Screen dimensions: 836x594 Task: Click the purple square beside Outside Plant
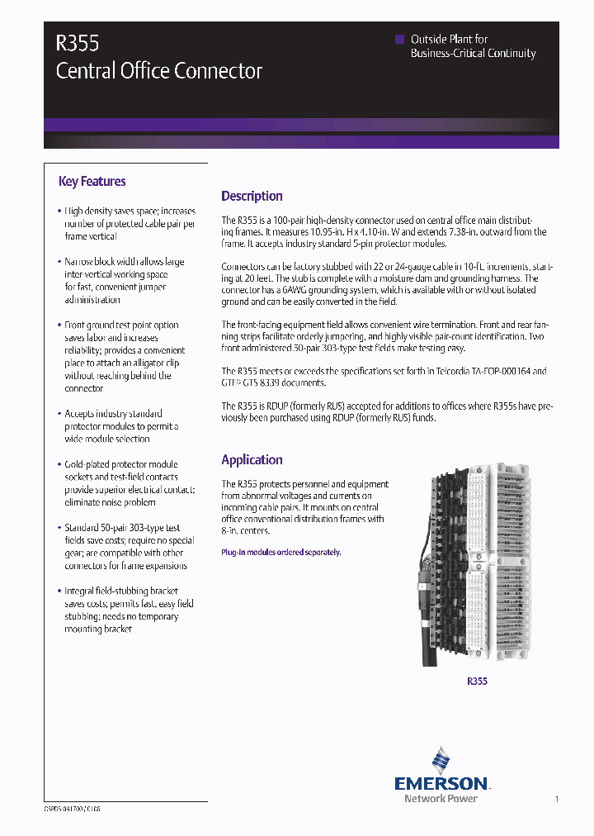400,39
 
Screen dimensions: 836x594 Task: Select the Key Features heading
92,182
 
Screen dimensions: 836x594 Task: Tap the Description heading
252,197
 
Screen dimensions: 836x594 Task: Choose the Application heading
252,460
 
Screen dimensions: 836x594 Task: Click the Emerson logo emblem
441,760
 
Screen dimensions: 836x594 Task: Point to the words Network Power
441,799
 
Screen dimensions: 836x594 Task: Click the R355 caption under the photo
477,682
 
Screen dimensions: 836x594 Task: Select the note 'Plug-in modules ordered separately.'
280,552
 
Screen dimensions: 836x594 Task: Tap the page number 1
557,799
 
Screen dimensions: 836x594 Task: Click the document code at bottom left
73,810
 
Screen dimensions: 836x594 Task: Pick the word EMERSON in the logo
441,783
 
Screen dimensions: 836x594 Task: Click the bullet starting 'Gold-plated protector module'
129,483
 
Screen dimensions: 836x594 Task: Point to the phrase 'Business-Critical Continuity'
473,54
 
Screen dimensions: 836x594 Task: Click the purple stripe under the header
301,125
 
